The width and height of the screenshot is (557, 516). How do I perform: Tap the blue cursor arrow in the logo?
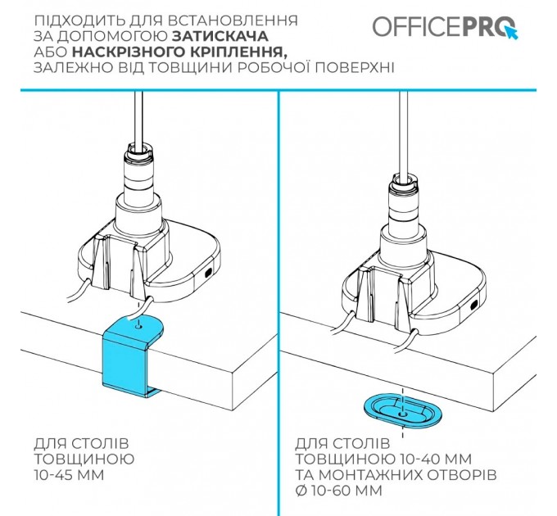[x=513, y=33]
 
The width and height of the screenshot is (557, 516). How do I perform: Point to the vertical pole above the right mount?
[x=403, y=131]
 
